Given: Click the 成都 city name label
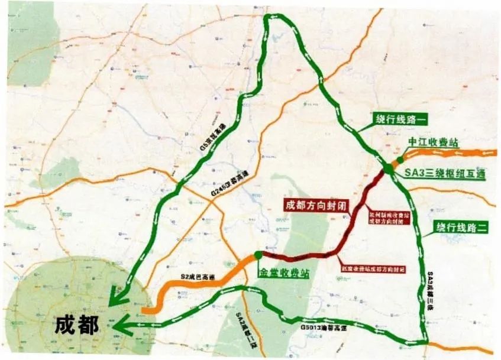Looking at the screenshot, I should (x=76, y=325).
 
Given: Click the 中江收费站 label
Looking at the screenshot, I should (x=434, y=143).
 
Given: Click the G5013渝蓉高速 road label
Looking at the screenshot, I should (x=322, y=327).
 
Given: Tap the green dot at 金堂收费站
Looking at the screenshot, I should (x=258, y=255).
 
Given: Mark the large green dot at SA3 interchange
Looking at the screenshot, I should (x=388, y=168).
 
